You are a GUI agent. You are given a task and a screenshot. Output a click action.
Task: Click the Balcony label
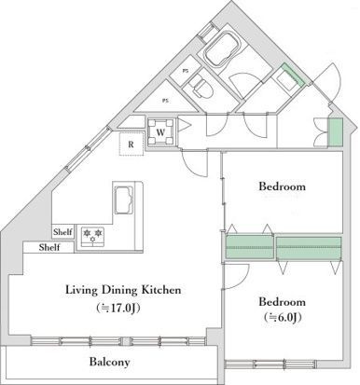tap(109, 362)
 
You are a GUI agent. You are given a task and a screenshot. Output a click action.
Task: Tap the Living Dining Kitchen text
tap(123, 290)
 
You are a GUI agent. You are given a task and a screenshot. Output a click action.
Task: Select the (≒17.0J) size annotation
tap(118, 308)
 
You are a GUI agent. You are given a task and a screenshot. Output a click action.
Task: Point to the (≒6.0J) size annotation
tap(283, 317)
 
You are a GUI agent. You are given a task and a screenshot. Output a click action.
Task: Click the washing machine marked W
tap(160, 132)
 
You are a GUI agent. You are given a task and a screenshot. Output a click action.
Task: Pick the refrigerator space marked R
tap(132, 144)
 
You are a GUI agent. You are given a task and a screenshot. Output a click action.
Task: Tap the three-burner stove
tap(92, 237)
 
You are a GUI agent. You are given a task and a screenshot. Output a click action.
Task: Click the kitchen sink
tap(124, 199)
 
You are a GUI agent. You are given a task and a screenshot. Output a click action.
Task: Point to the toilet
tap(201, 87)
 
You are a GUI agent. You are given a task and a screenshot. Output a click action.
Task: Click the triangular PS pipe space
tap(166, 100)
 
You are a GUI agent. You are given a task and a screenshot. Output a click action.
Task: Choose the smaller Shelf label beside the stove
tap(62, 232)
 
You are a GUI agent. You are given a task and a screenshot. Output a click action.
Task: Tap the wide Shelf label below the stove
tap(49, 247)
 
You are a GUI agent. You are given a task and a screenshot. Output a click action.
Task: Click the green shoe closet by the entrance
tap(336, 132)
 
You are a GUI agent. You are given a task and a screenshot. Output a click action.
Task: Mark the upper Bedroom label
tap(282, 186)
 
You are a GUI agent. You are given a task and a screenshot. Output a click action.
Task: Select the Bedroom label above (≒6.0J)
tap(282, 302)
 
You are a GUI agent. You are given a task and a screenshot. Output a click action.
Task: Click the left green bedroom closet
tap(249, 247)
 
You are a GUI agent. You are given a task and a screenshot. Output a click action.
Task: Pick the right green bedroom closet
tap(309, 248)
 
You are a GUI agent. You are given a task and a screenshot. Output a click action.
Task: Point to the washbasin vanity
tap(290, 78)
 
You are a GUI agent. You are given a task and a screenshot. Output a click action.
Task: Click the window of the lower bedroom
tap(270, 364)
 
